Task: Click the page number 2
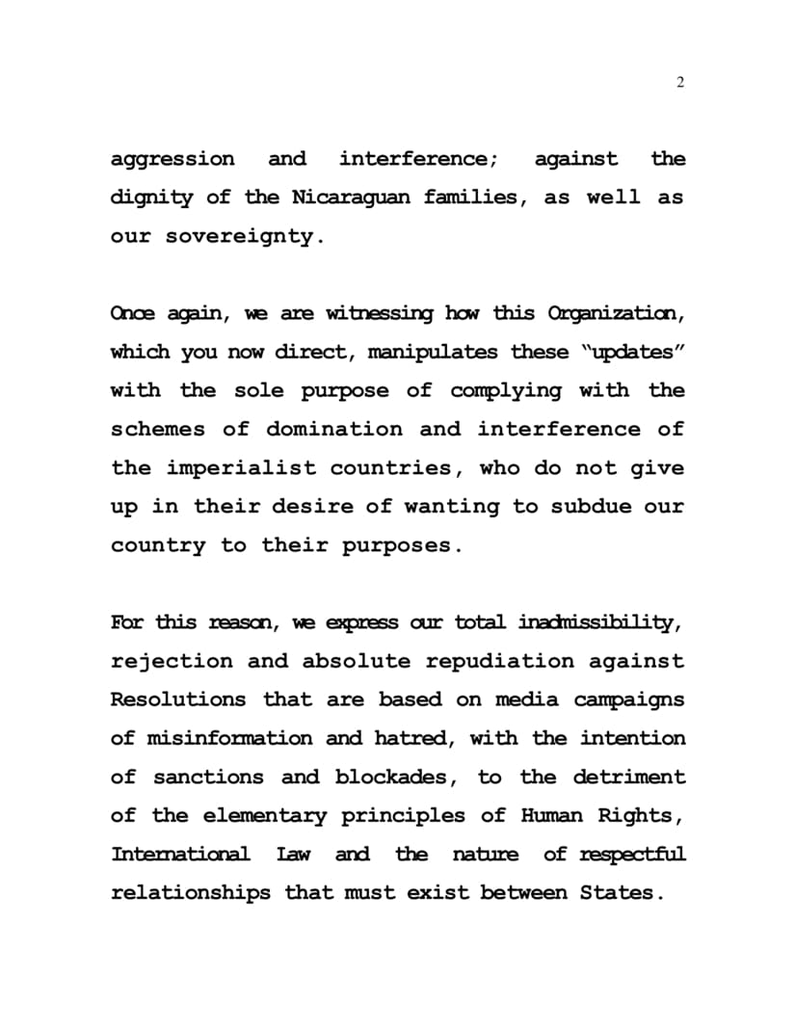pos(680,83)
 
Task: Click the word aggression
pos(172,159)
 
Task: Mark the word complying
pos(506,390)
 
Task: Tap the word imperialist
pos(241,468)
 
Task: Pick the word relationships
pos(191,893)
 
